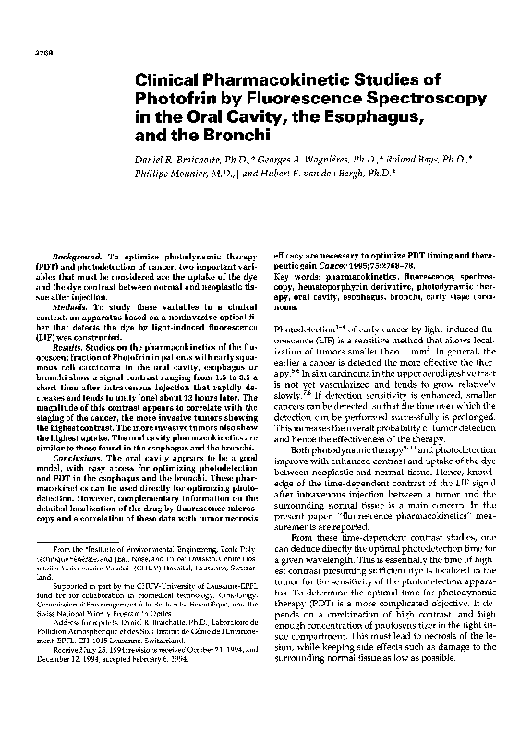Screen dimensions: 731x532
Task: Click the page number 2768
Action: (x=30, y=41)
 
